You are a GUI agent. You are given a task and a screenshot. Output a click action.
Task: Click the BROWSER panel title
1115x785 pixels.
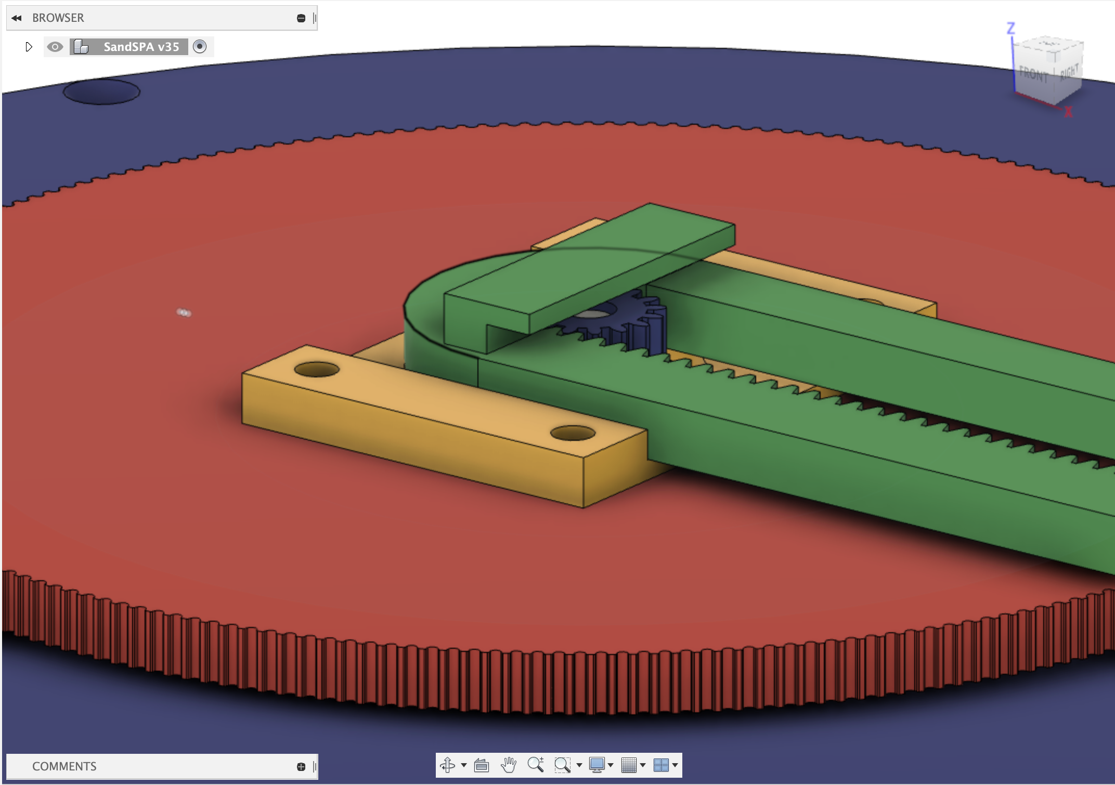point(58,18)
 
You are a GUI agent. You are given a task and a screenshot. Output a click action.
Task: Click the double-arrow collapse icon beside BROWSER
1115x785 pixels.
point(17,18)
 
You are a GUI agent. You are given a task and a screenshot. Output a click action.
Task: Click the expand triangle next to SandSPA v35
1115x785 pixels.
point(29,47)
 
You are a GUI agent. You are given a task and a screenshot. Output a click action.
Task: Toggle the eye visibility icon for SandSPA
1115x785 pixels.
point(55,47)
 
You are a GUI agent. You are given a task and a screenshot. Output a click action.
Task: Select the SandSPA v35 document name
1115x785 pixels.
point(141,47)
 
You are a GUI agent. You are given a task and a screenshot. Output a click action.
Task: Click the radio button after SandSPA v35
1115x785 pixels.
point(200,47)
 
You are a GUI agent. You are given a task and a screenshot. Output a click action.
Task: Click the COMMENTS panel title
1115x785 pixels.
point(64,766)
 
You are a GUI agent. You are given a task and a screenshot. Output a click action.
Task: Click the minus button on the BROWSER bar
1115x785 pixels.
point(301,18)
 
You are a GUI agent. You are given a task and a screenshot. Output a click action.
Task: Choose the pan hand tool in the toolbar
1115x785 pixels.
point(508,765)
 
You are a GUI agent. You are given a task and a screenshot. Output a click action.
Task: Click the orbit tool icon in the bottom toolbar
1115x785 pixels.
point(447,765)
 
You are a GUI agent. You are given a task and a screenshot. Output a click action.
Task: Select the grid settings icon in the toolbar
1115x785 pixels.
point(629,765)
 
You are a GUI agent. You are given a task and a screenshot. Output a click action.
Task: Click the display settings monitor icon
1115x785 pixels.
point(597,765)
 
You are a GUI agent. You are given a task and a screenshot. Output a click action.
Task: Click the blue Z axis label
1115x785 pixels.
point(1010,28)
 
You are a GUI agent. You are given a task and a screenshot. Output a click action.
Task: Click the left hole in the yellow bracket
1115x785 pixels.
point(317,370)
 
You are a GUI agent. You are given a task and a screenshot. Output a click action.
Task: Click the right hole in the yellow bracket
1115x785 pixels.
point(573,433)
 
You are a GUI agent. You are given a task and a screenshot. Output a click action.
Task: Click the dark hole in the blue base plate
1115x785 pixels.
point(101,92)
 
